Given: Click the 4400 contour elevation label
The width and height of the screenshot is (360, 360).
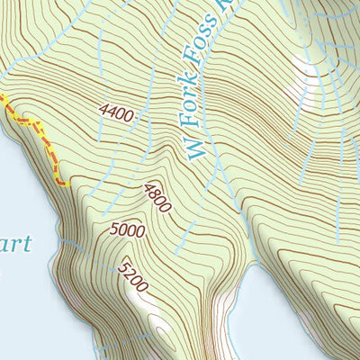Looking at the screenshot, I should (x=117, y=114).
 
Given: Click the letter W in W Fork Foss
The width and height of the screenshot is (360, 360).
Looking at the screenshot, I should (x=197, y=147).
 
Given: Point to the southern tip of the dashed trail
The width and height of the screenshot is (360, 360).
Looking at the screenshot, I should (x=65, y=184).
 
